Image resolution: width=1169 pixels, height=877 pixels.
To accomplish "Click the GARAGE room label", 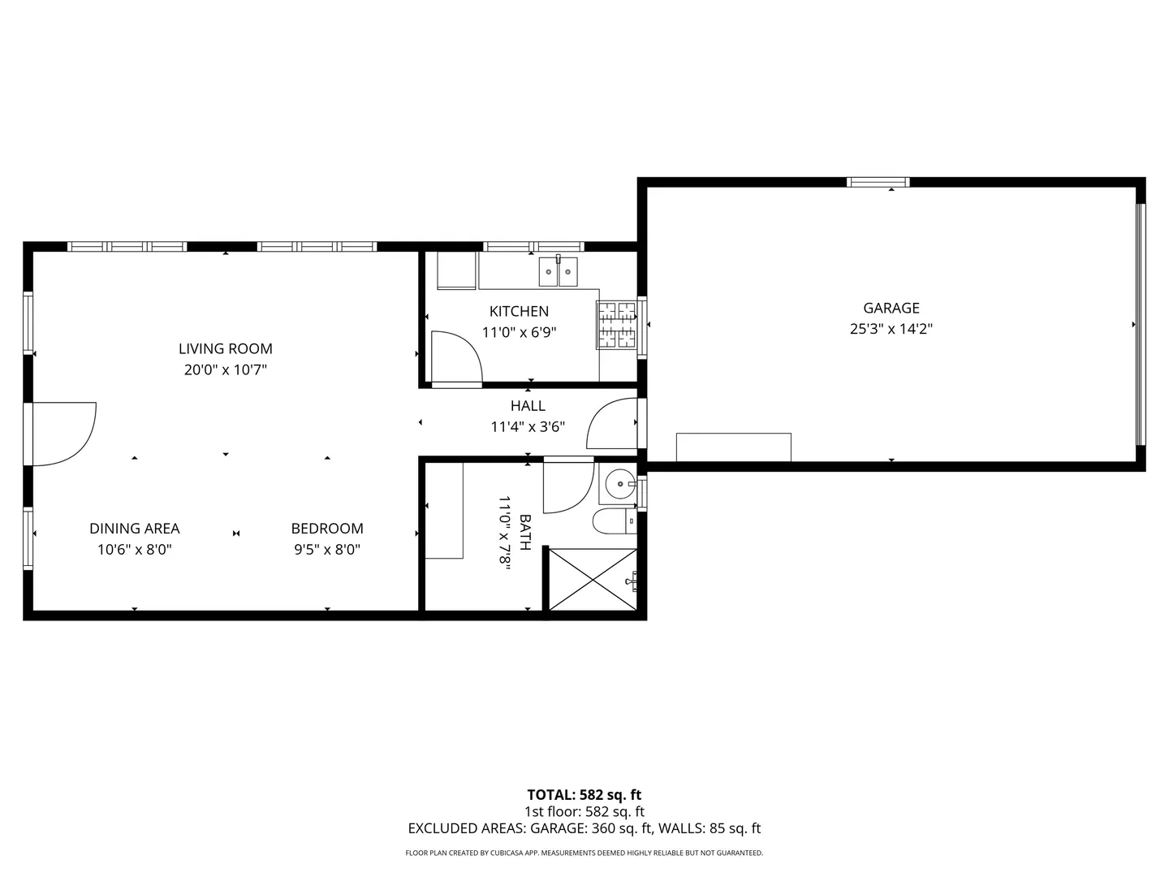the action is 891,308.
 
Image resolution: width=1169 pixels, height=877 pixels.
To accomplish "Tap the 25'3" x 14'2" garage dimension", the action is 891,329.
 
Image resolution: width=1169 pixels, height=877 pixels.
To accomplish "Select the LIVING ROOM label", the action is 226,349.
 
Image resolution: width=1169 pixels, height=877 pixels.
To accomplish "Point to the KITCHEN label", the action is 519,311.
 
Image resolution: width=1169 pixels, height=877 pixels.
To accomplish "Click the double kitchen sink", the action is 559,271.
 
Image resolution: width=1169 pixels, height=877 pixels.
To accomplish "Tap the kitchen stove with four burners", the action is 617,325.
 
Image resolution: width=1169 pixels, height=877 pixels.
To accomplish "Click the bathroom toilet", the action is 615,521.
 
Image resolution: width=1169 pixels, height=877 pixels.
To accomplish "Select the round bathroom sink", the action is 620,484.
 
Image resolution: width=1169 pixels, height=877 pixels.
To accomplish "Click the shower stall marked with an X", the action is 593,579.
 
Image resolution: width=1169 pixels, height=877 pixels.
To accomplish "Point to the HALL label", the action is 528,406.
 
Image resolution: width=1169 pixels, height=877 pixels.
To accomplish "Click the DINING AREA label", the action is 134,528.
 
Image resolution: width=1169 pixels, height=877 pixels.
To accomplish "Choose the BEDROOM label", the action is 327,528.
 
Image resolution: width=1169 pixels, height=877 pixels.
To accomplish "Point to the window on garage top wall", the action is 878,182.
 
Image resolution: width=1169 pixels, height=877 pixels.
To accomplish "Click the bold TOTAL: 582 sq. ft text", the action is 584,795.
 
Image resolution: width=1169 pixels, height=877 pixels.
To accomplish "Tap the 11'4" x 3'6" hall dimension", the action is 528,427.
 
